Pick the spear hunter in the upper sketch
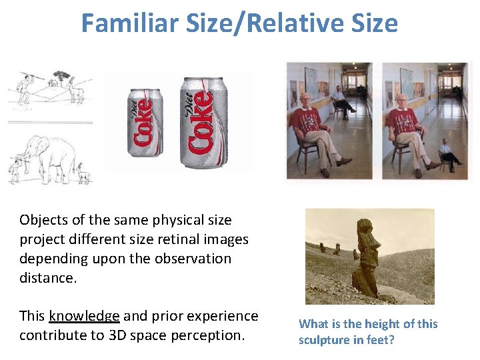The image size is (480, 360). tap(24, 88)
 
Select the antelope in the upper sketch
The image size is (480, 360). tap(77, 89)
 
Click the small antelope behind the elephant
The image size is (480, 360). tap(83, 175)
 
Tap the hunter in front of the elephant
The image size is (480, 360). tap(15, 171)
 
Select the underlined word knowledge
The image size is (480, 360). tap(84, 316)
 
